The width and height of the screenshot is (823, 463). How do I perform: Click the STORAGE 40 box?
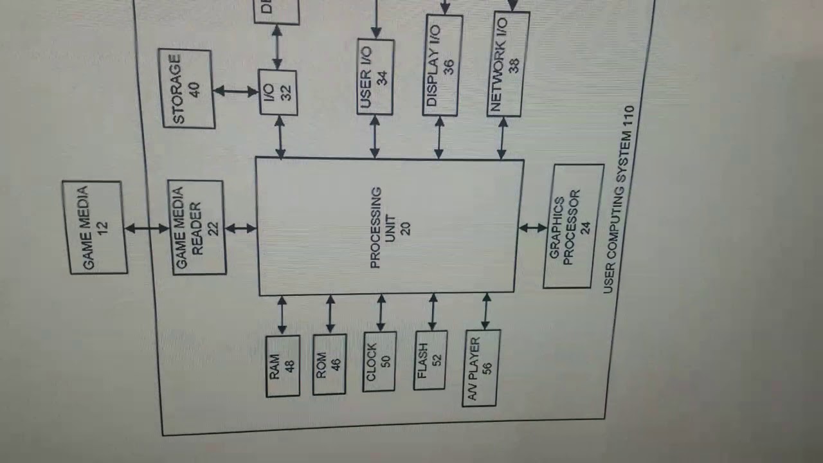click(187, 89)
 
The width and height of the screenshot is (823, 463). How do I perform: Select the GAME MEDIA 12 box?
click(95, 228)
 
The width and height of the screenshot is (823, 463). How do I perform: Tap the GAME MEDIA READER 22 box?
click(197, 228)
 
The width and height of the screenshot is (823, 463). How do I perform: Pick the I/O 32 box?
click(278, 93)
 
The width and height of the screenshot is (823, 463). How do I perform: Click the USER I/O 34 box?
click(375, 77)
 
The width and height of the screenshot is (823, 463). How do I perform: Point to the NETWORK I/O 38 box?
click(507, 64)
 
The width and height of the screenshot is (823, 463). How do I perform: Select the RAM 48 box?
click(282, 366)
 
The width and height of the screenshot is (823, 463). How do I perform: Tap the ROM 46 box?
click(329, 364)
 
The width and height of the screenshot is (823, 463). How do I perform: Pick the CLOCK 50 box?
click(379, 362)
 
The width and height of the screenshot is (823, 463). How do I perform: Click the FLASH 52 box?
click(430, 360)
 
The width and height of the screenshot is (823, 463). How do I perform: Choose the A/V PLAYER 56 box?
click(480, 368)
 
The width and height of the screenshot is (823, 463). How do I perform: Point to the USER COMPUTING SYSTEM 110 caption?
click(619, 199)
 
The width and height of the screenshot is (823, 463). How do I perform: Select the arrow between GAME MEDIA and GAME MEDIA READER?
click(147, 228)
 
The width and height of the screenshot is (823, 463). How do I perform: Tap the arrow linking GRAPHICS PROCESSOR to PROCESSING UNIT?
click(532, 228)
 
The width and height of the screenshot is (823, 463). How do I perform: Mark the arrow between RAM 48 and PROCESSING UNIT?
click(282, 315)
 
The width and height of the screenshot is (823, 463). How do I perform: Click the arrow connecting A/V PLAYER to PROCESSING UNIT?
click(485, 312)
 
